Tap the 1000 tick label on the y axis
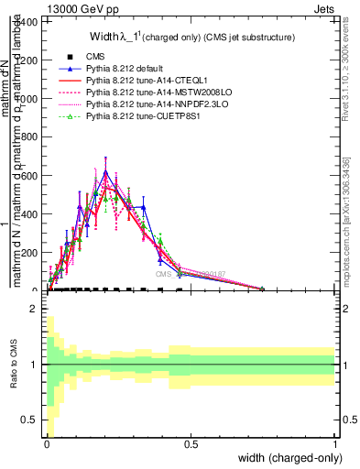[30, 99]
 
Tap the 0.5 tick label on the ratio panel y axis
[32, 420]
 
